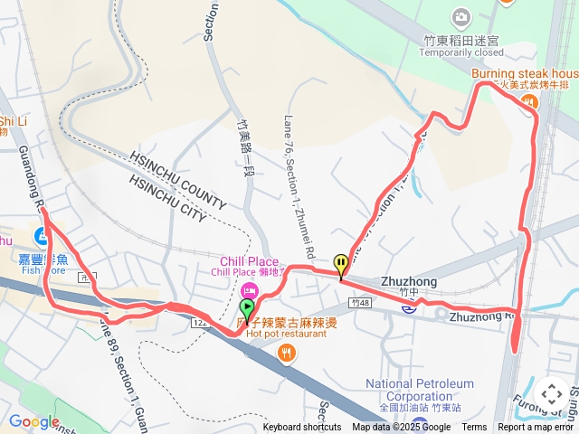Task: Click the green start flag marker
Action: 247,311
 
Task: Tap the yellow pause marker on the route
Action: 341,265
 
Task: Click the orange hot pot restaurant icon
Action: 287,353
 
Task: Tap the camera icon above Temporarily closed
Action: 461,17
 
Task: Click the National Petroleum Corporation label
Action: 420,390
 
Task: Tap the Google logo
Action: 33,421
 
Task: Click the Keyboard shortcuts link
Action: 302,428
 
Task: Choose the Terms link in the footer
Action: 474,428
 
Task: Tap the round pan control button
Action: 551,394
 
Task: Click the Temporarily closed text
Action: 461,53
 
